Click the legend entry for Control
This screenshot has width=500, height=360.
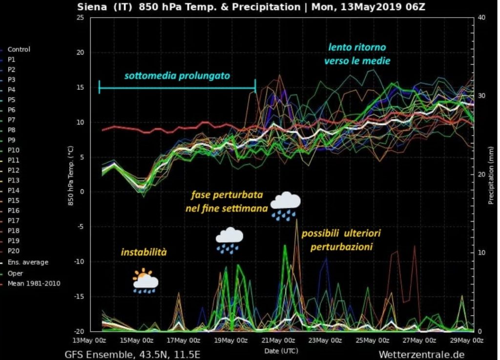point(19,49)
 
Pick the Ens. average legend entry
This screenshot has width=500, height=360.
point(28,262)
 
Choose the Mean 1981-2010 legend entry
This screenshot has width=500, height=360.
point(34,283)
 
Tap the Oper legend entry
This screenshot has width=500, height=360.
point(15,273)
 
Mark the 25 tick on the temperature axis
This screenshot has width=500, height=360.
point(81,18)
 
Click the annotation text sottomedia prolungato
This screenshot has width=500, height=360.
point(177,76)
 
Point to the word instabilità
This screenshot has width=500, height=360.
point(144,252)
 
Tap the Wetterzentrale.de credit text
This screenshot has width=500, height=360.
point(421,354)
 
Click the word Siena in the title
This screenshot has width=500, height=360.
point(92,7)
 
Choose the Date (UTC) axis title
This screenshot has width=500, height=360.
point(281,350)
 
